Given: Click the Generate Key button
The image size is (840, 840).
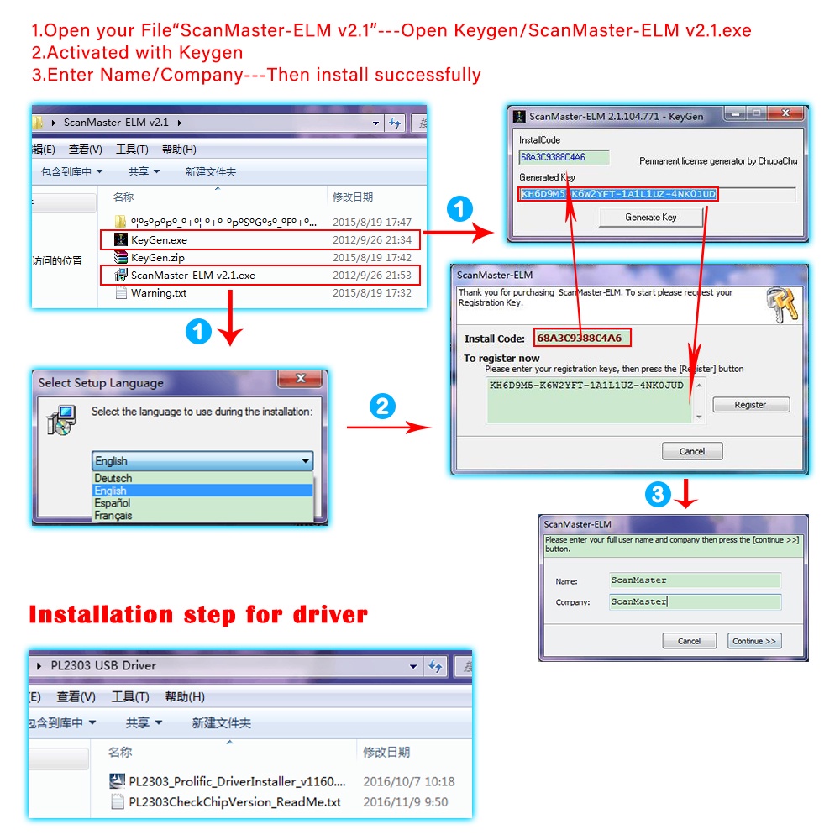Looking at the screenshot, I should [x=651, y=217].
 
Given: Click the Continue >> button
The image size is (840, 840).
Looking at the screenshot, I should [x=753, y=641].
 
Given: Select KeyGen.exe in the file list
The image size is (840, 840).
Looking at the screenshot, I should [x=159, y=239].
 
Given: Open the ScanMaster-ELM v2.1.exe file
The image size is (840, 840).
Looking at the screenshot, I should [x=192, y=275].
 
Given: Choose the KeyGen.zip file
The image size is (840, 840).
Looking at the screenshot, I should [x=157, y=258].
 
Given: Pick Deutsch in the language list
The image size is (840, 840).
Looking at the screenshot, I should [x=113, y=478].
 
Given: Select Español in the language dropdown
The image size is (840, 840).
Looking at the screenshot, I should [x=113, y=502].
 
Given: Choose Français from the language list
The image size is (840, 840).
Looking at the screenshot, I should [x=113, y=516].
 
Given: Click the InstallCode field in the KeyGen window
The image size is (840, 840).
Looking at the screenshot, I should [x=564, y=157].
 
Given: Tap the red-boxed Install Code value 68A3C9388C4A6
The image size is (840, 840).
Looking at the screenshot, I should [x=580, y=339].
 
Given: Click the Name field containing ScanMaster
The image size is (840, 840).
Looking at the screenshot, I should [x=695, y=580].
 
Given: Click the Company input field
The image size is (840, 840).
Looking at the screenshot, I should [x=695, y=601].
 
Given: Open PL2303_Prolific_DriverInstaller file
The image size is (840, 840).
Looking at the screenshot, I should [x=236, y=781].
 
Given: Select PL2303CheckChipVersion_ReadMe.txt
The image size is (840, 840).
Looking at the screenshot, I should [x=234, y=802].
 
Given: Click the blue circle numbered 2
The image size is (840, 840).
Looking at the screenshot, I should [x=383, y=407].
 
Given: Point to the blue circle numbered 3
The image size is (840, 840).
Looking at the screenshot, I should [x=658, y=495].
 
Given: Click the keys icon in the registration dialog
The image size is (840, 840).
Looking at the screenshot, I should [x=781, y=307].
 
